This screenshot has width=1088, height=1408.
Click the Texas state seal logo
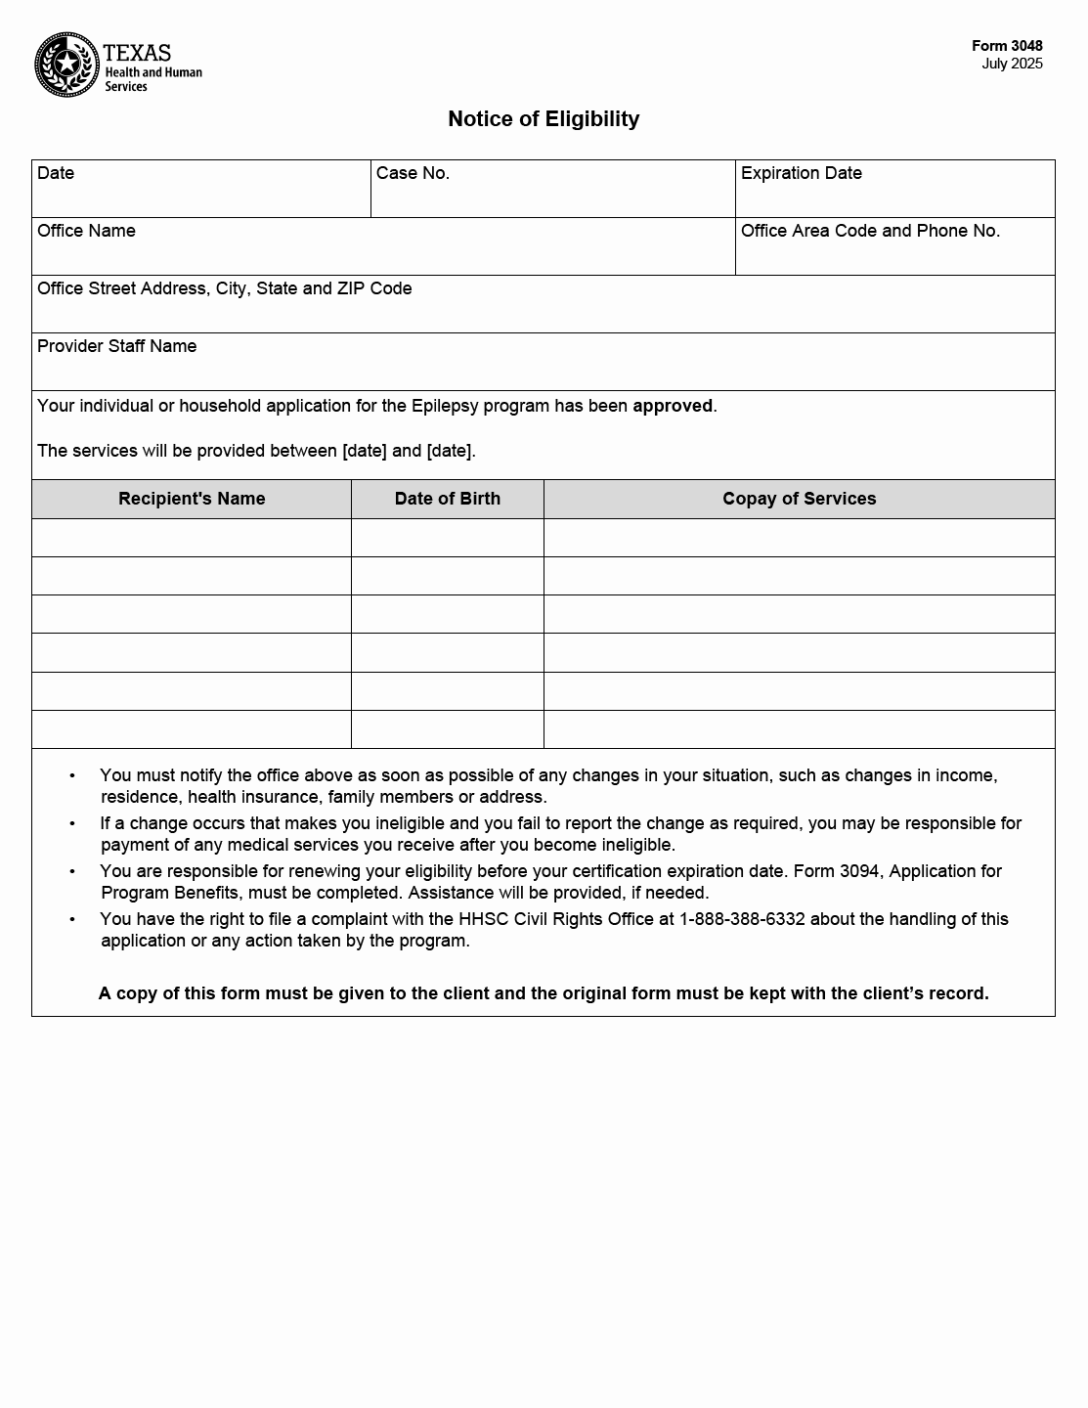click(66, 66)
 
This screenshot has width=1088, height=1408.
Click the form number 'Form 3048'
click(1007, 46)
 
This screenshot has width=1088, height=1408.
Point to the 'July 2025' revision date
click(1012, 65)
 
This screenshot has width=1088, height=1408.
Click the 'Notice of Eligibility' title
click(544, 119)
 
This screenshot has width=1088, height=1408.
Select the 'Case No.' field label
click(413, 173)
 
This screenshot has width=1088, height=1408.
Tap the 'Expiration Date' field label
click(801, 173)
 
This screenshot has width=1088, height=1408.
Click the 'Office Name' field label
click(86, 231)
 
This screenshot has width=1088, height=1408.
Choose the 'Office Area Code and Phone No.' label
click(870, 231)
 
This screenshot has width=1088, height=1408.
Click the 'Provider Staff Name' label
click(116, 346)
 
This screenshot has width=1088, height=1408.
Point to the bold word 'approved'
click(673, 406)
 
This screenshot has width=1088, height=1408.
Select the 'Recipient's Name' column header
click(192, 499)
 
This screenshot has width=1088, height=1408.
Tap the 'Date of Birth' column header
click(447, 499)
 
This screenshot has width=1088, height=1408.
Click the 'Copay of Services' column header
click(799, 499)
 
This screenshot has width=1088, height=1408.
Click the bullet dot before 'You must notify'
click(72, 775)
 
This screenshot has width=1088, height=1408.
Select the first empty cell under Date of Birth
click(447, 538)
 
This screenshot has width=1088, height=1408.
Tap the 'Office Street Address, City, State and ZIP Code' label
click(224, 288)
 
